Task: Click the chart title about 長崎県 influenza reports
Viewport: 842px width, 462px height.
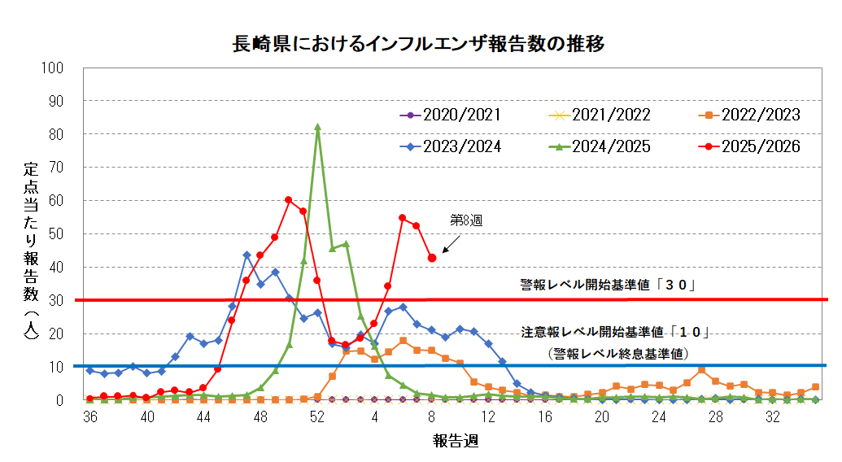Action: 420,43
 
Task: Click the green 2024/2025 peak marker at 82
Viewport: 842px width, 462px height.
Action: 317,127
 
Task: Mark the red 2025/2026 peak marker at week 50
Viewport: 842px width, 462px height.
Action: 289,199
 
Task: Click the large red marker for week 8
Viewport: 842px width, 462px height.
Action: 432,258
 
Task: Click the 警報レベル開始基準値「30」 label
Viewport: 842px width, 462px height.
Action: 610,285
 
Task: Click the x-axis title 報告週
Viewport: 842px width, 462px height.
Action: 455,442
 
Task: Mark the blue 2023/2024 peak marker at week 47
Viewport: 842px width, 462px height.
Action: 246,255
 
